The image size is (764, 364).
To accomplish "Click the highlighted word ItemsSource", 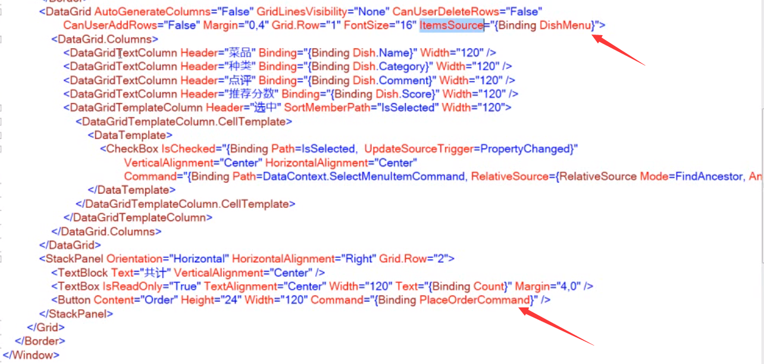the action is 451,25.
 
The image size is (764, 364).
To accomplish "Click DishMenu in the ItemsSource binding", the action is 566,25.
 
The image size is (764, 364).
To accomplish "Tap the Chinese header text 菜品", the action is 239,52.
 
